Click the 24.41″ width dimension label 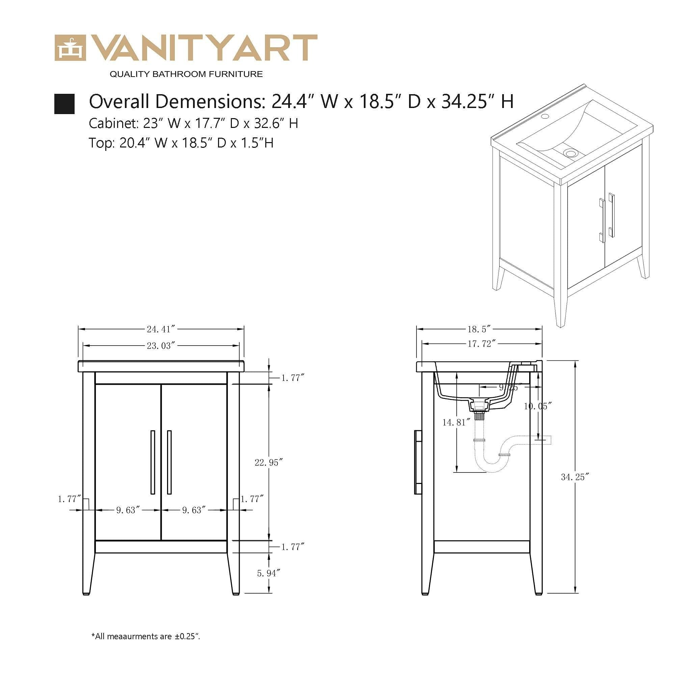[x=160, y=329]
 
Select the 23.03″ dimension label [x=160, y=346]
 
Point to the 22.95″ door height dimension [x=268, y=463]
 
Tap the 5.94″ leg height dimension [x=269, y=573]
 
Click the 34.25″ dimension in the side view [x=575, y=477]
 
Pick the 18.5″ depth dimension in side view [x=479, y=329]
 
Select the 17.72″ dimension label [x=482, y=344]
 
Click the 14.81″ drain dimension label [x=454, y=423]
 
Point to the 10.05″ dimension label [x=538, y=406]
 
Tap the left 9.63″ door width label [x=128, y=510]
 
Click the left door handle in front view [x=153, y=462]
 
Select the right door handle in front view [x=169, y=462]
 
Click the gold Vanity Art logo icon [x=70, y=48]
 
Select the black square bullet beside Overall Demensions [x=64, y=104]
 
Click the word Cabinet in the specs [x=112, y=123]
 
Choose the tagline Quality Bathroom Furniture [x=186, y=74]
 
